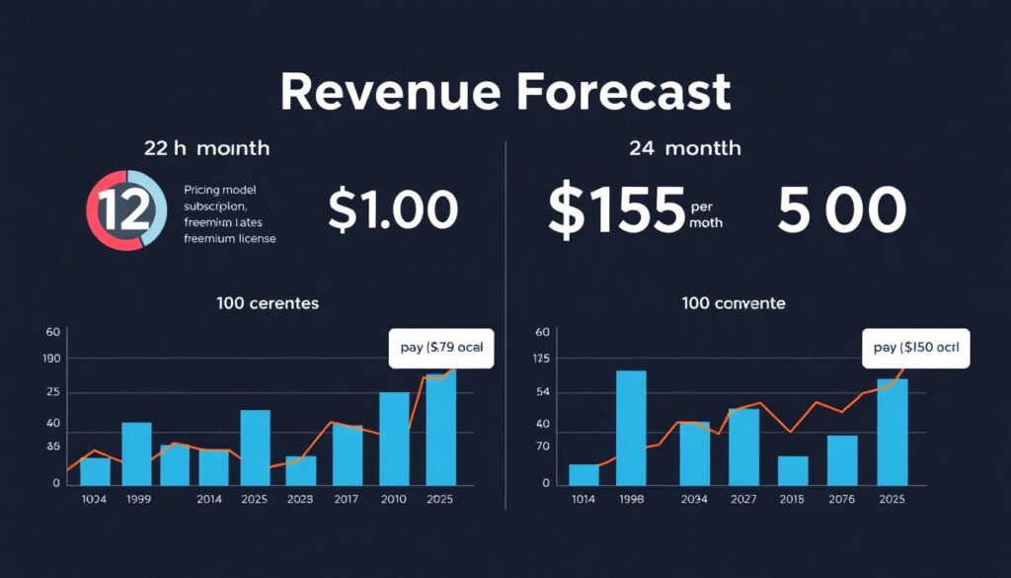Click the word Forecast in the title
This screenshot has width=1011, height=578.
[x=623, y=92]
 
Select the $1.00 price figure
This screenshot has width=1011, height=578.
[x=392, y=210]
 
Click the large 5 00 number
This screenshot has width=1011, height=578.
[x=841, y=210]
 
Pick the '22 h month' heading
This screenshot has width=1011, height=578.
[x=206, y=148]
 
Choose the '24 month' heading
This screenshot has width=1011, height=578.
[x=684, y=148]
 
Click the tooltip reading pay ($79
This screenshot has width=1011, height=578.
[x=441, y=348]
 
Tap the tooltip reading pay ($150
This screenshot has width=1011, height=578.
[x=916, y=348]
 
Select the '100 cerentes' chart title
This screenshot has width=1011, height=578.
[x=267, y=303]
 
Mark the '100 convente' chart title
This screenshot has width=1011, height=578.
[x=734, y=303]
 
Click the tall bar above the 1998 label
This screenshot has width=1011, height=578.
[x=631, y=427]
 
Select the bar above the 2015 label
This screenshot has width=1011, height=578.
[x=793, y=470]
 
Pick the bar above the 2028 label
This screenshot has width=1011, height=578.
[x=301, y=470]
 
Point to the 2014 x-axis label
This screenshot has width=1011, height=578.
[x=210, y=500]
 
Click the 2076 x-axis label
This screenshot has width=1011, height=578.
[x=841, y=500]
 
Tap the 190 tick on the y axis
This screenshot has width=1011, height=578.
[x=53, y=358]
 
